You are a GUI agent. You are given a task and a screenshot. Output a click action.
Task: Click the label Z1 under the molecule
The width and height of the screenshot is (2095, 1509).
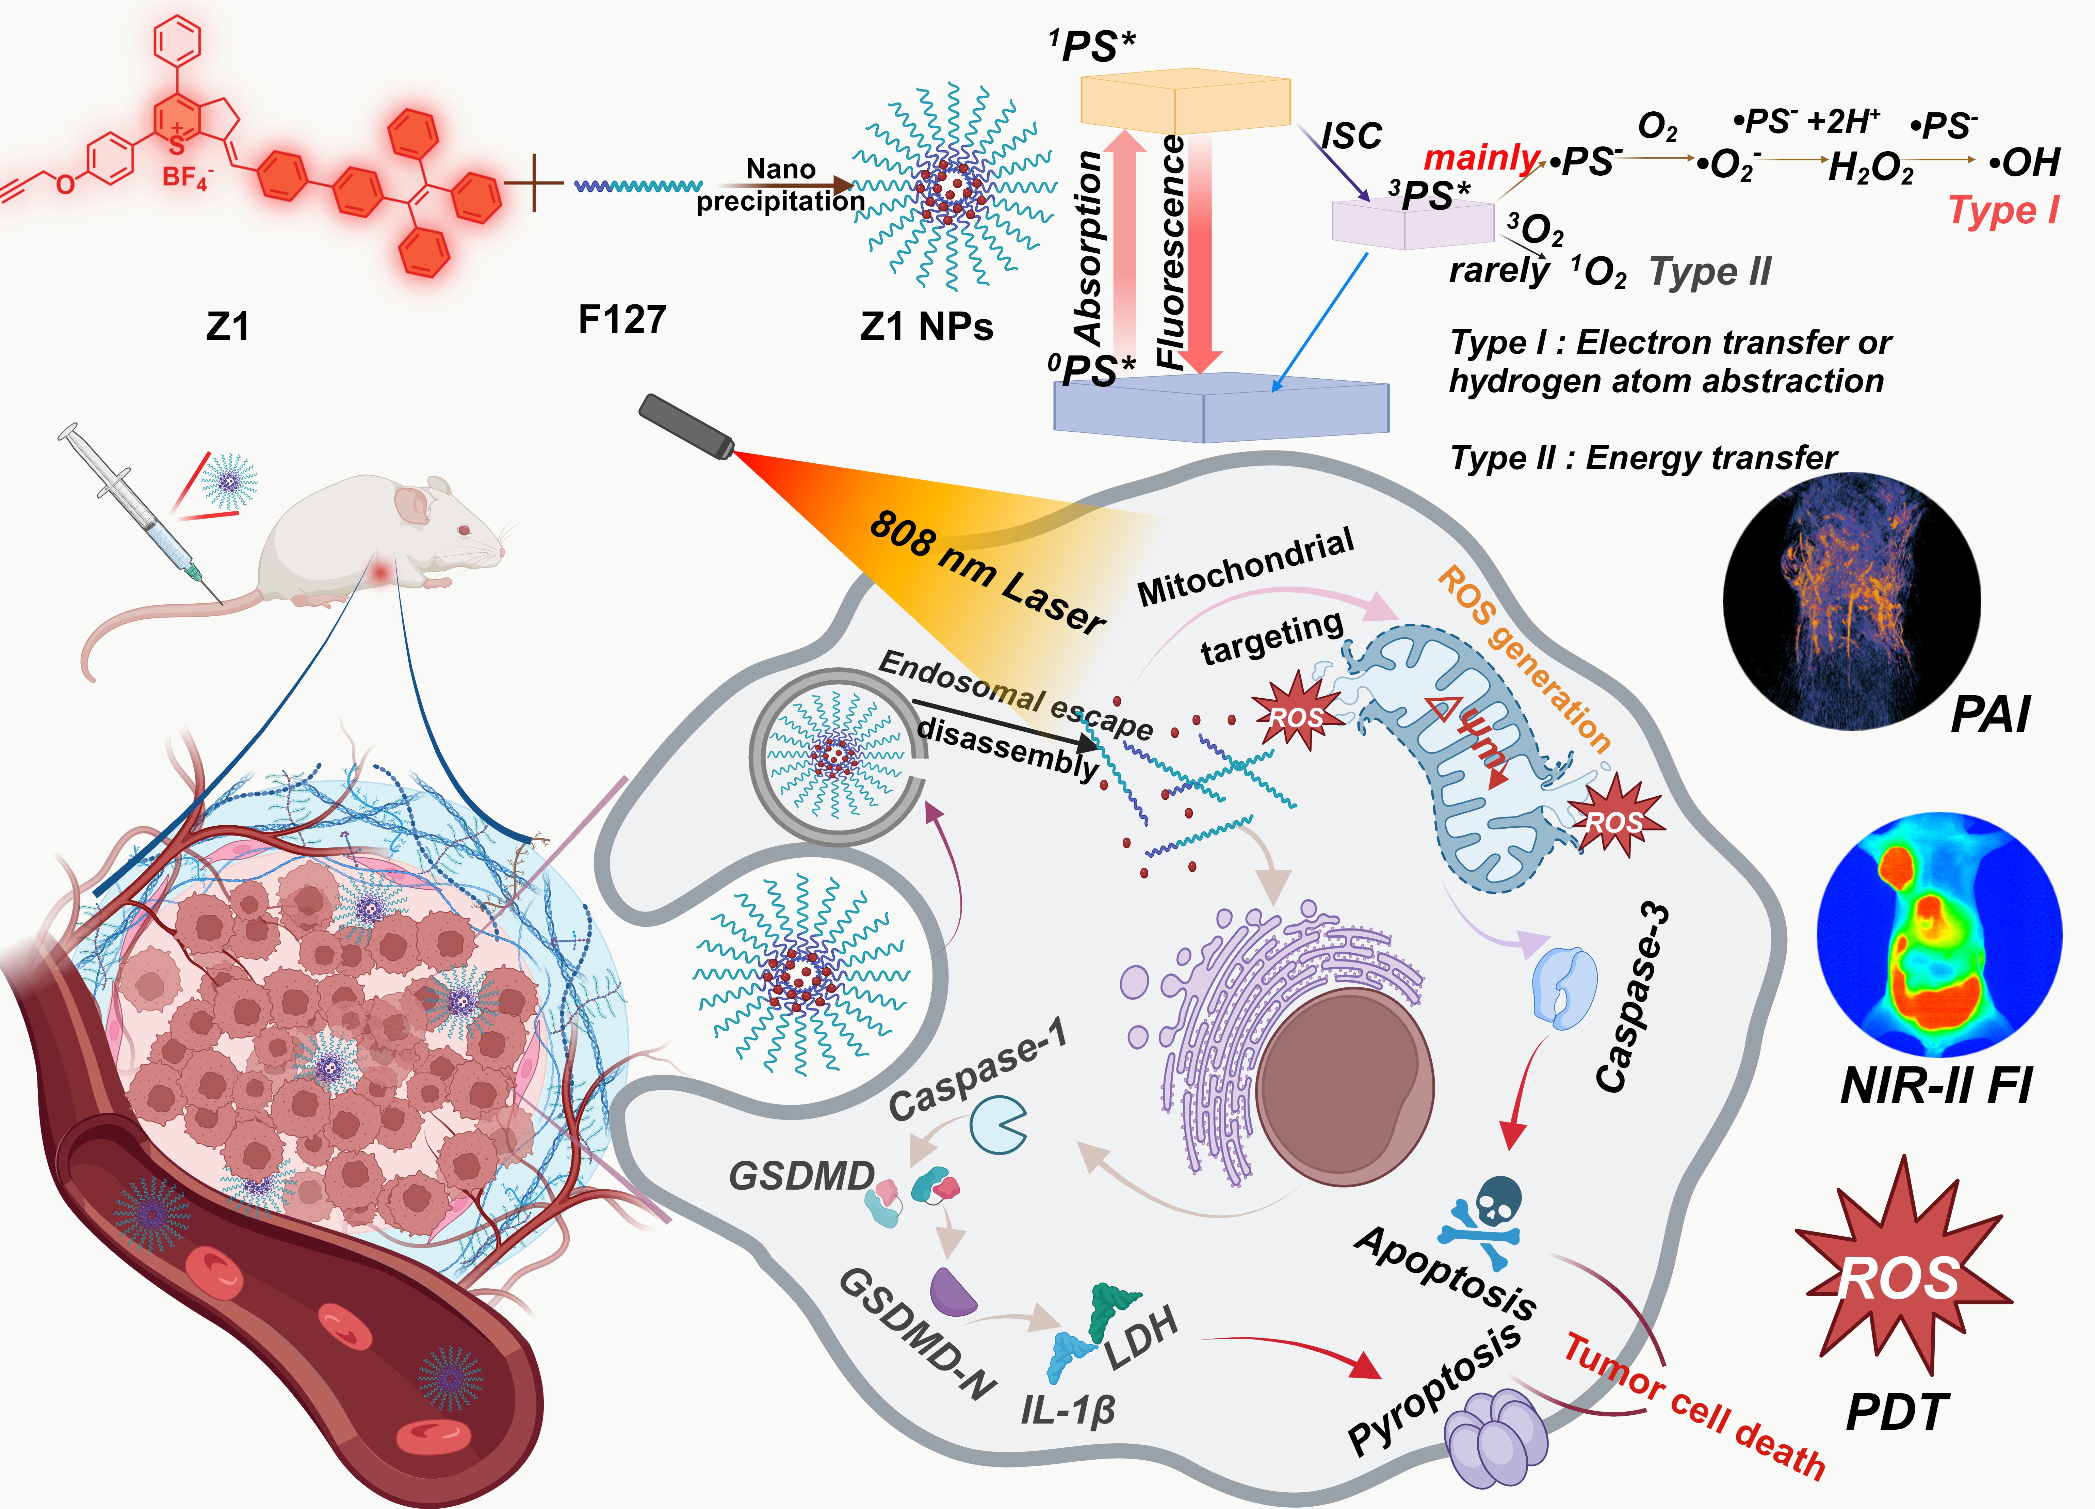coord(227,326)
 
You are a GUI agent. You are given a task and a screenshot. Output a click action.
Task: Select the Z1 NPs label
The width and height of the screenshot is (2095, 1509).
coord(926,326)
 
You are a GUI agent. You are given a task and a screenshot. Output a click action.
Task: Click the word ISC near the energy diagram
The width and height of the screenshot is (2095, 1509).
coord(1351,137)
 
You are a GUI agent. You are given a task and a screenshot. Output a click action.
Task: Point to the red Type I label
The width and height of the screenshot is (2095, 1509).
coord(2003,211)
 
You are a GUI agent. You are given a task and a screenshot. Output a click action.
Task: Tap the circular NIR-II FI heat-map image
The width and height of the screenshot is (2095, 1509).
coord(1938,933)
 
